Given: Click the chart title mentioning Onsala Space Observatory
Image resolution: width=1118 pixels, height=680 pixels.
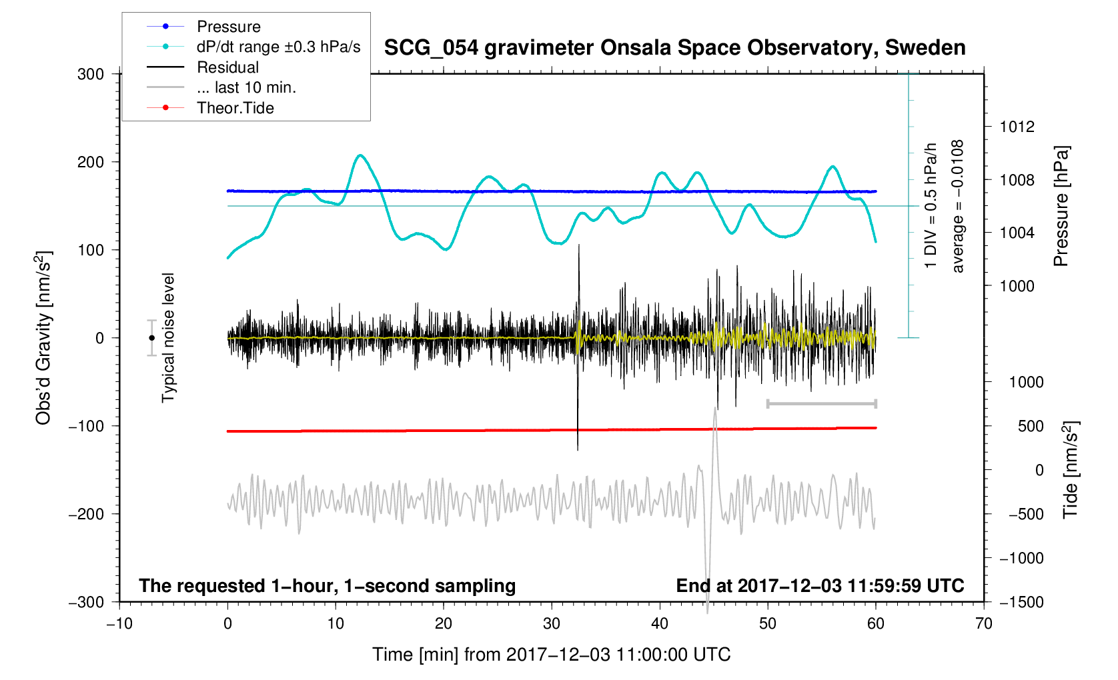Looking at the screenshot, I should tap(674, 48).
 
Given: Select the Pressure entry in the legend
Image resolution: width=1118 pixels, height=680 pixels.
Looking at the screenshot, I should tap(229, 27).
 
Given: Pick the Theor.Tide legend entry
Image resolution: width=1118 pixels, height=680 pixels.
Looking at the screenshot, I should tap(235, 108).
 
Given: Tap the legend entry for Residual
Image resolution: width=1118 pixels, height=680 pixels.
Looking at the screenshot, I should tap(227, 67).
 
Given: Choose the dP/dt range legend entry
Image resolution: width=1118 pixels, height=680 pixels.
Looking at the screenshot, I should tap(278, 47).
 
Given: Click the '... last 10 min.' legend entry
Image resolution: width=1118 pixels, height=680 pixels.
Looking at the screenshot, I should tap(246, 87).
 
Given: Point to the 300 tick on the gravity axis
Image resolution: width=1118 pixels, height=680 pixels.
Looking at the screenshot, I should tap(91, 74).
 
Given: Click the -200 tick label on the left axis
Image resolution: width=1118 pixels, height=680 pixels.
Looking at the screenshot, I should tap(86, 514).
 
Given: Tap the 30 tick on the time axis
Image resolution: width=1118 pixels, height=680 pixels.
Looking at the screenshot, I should tap(552, 624).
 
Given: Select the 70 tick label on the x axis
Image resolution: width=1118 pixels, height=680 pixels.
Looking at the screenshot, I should tap(983, 624).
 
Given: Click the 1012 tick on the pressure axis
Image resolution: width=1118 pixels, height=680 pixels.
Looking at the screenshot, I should tap(1017, 127).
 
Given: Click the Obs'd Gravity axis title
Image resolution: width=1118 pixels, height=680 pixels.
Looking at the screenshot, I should tap(43, 338).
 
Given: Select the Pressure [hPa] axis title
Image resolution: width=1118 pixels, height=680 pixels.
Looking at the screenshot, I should tap(1061, 206).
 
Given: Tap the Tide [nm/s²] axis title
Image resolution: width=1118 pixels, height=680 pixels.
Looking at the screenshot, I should tap(1070, 469).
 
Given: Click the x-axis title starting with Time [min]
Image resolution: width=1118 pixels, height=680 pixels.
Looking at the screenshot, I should tap(551, 655).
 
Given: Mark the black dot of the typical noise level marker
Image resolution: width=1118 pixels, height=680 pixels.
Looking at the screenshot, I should tap(151, 338).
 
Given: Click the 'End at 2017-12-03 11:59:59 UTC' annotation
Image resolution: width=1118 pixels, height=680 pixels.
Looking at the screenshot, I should tap(820, 586).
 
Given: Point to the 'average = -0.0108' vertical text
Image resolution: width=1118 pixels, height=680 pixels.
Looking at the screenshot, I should tap(958, 206).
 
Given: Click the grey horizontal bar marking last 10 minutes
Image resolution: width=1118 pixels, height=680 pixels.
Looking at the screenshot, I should tap(821, 403).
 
